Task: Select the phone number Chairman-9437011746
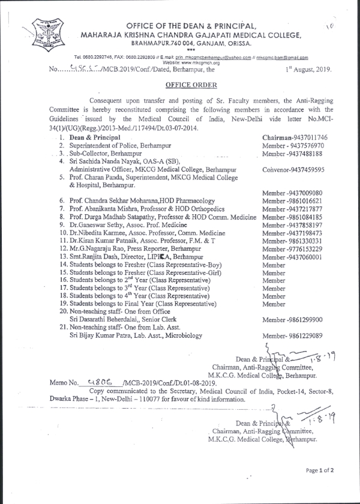tap(294, 137)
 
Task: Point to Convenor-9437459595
tap(294, 170)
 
